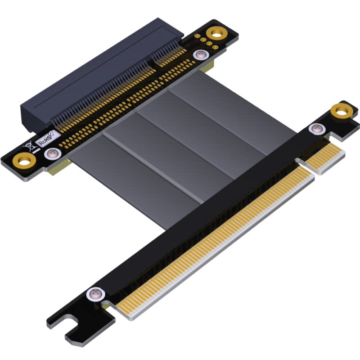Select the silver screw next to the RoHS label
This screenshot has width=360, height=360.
click(53, 154)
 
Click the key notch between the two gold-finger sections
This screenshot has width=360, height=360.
click(306, 164)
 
